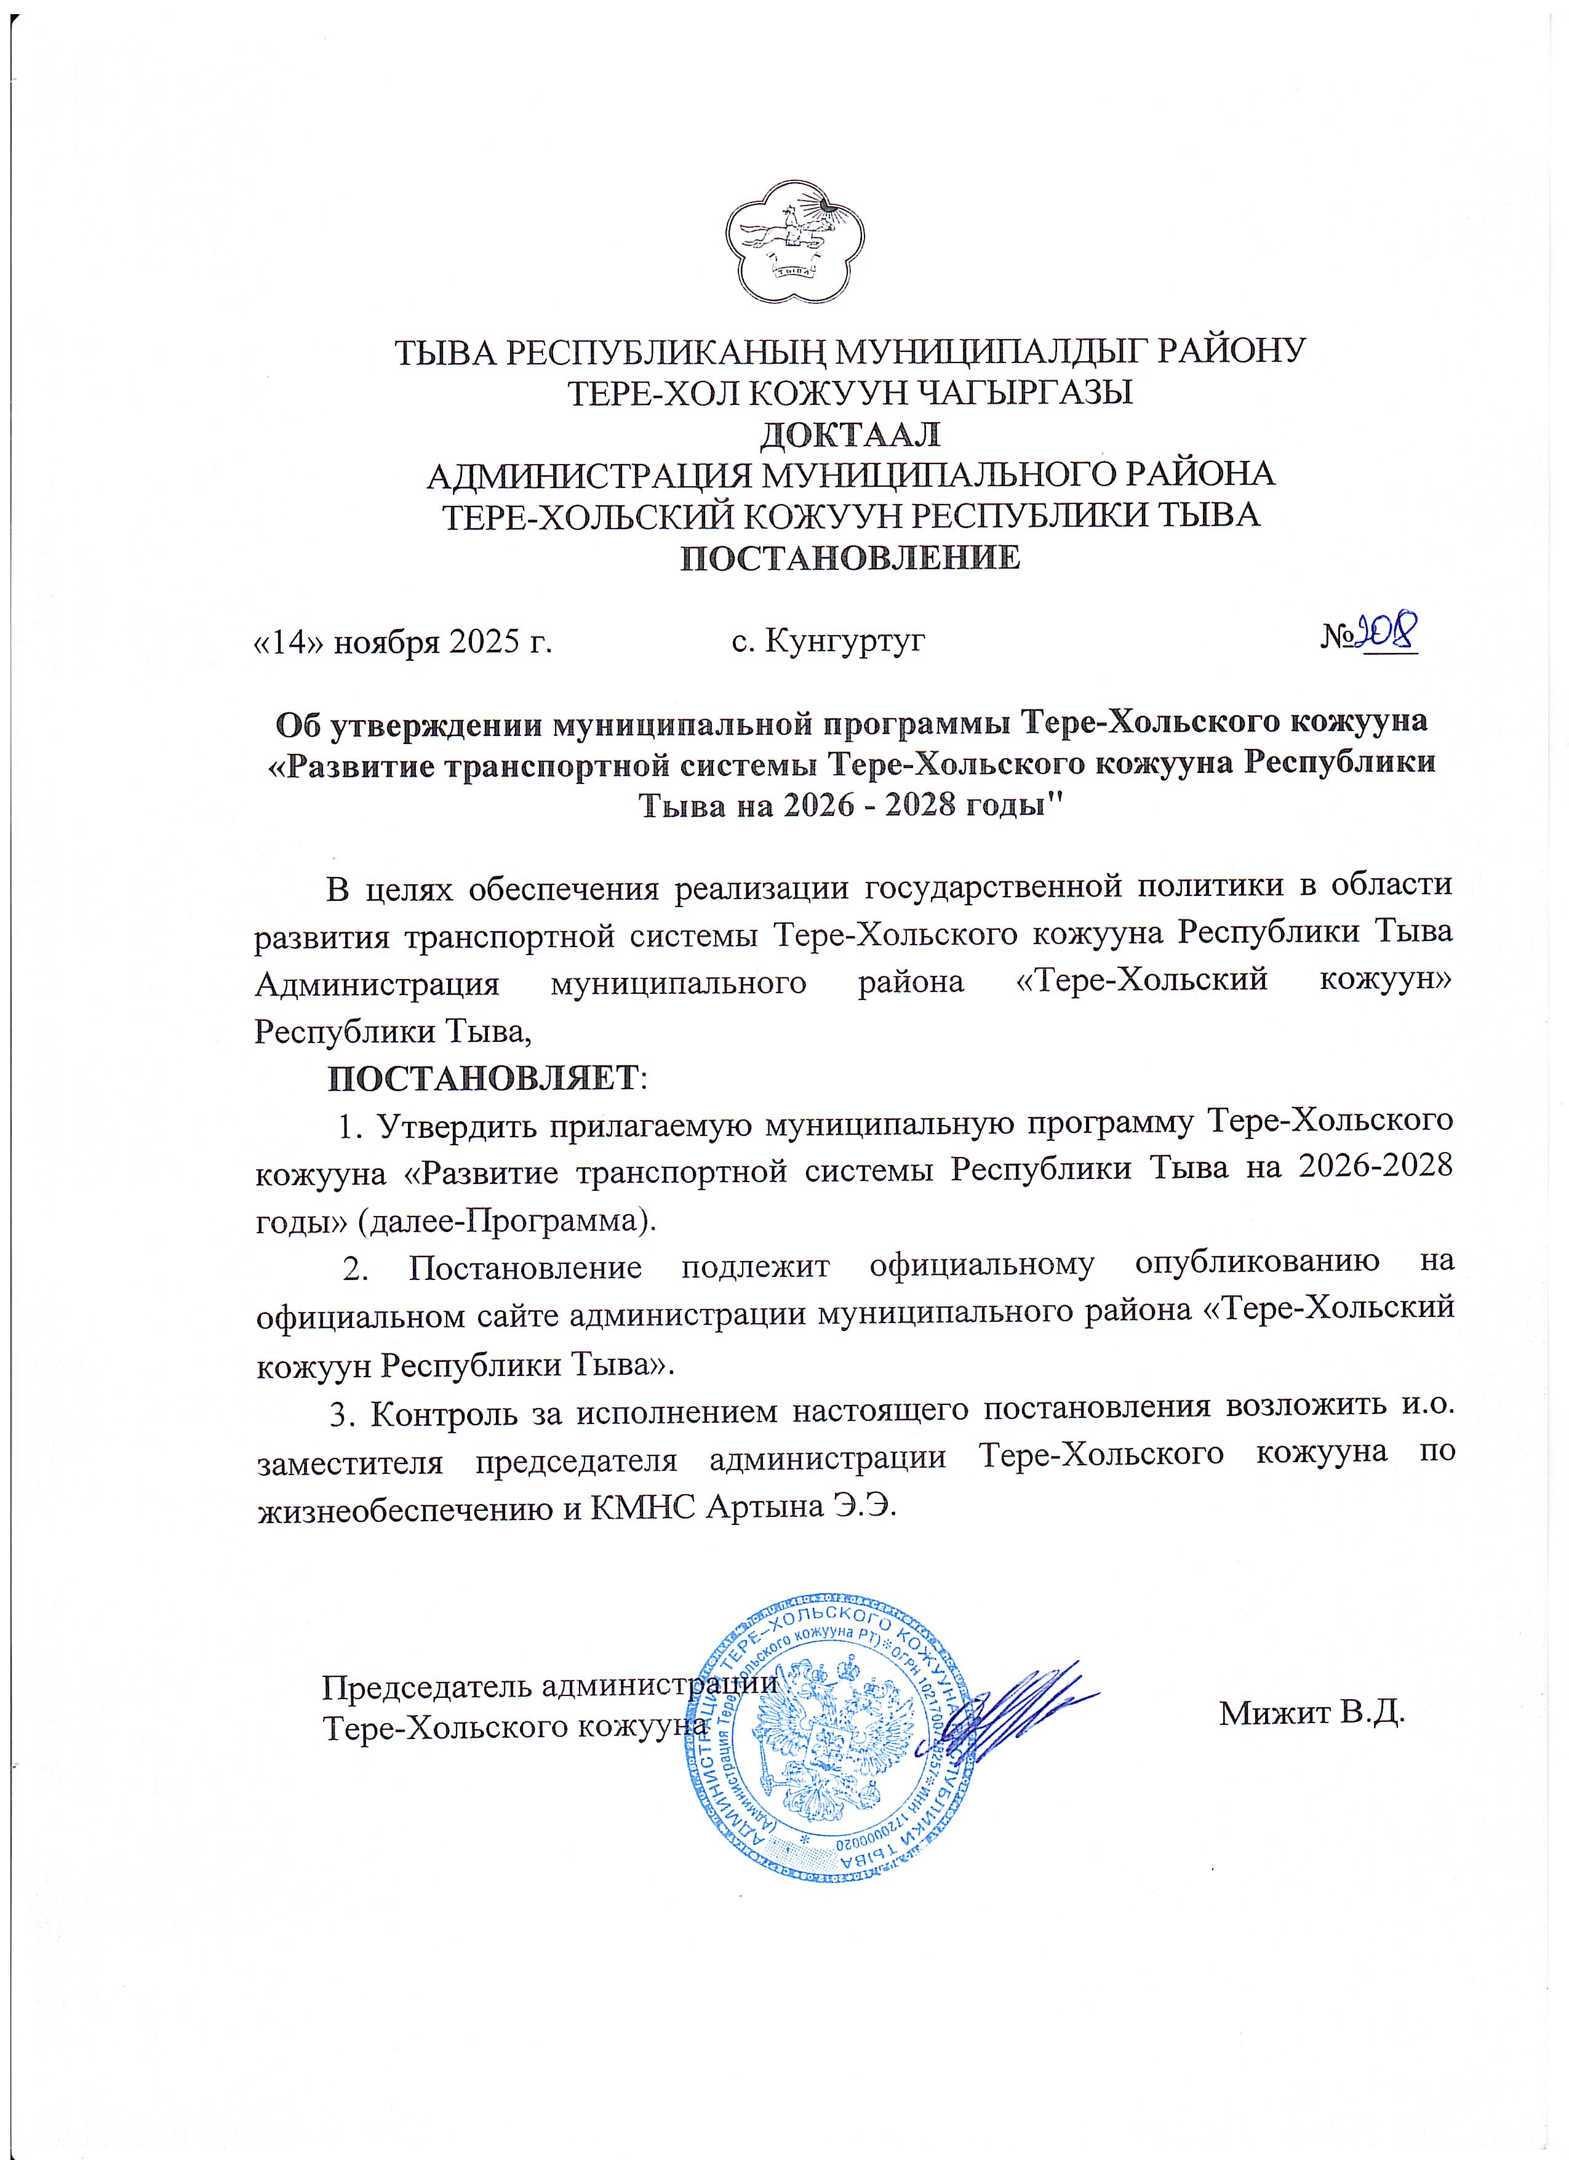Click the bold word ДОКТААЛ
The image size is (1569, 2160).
click(x=849, y=434)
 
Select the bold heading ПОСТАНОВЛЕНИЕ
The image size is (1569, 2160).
click(x=849, y=557)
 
